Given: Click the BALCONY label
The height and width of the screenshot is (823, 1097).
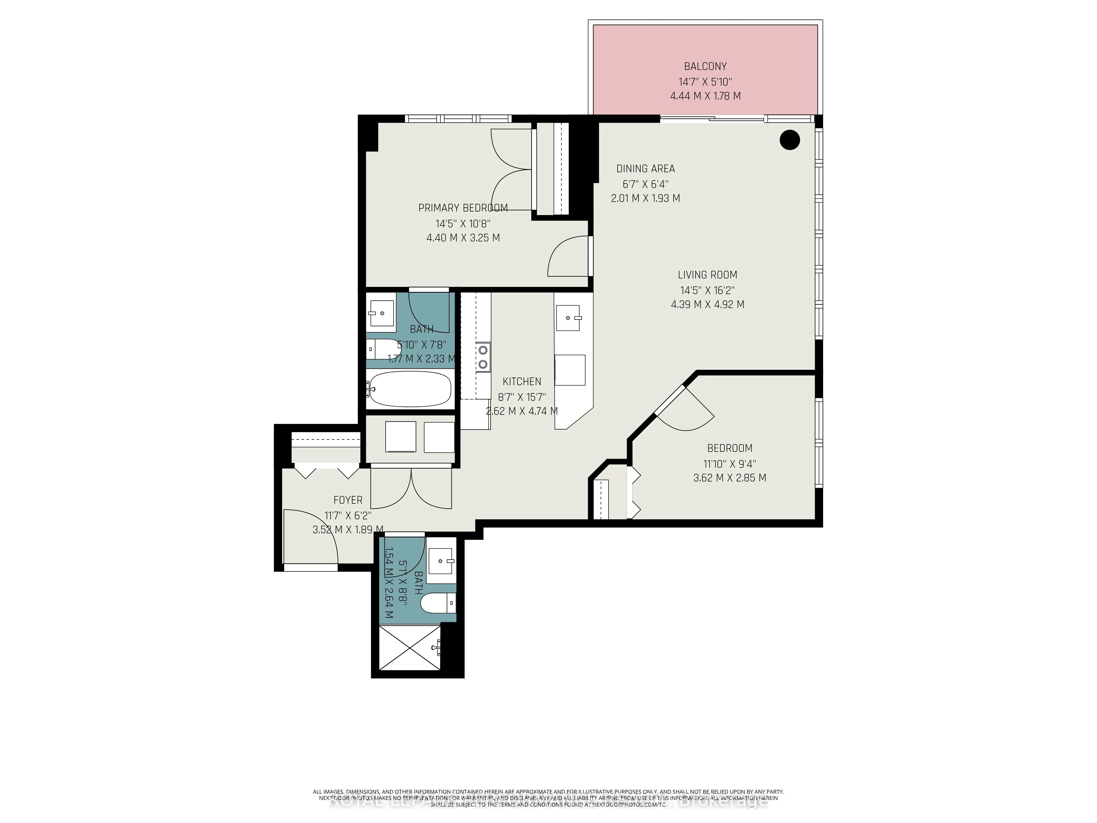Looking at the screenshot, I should point(705,66).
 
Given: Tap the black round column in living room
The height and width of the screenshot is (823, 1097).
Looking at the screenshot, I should point(790,140).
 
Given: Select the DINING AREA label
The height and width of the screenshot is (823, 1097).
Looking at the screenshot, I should point(645,169).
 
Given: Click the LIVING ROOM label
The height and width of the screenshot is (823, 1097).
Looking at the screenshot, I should point(707,275).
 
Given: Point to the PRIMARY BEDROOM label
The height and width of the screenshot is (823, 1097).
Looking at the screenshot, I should point(463,208).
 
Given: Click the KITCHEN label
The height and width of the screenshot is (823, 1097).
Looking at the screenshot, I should point(522,382).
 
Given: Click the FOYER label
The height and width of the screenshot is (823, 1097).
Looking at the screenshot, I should point(348,500).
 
